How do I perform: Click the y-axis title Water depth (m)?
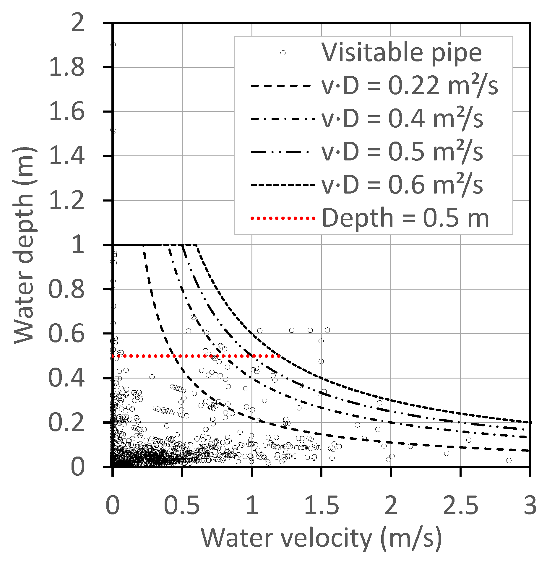(x=25, y=245)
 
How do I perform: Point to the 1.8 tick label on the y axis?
(x=66, y=67)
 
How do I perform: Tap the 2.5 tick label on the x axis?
(x=460, y=505)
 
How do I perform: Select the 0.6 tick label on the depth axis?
(x=66, y=334)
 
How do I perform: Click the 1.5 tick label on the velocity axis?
(x=321, y=505)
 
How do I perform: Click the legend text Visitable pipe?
(x=402, y=53)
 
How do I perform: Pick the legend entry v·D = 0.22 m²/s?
(x=410, y=86)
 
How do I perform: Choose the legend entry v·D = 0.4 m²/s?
(x=402, y=119)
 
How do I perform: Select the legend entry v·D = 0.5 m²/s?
(x=402, y=152)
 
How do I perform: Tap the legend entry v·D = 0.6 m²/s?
(x=402, y=185)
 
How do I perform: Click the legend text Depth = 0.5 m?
(x=405, y=218)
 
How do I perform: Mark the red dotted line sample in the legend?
(x=283, y=218)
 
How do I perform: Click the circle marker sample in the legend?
(x=283, y=53)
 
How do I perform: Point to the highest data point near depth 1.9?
(x=113, y=45)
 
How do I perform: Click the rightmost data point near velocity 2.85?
(x=509, y=460)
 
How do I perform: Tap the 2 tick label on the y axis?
(x=78, y=23)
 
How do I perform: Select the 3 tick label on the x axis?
(x=530, y=505)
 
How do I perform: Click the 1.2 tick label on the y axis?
(x=66, y=201)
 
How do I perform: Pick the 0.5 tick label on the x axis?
(x=182, y=505)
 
